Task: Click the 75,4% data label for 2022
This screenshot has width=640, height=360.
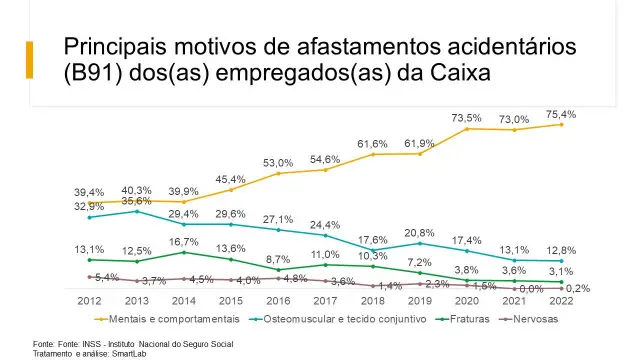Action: pyautogui.click(x=561, y=115)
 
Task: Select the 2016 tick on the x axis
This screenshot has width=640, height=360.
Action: pyautogui.click(x=279, y=300)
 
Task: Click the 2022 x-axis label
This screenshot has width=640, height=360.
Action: pyautogui.click(x=562, y=300)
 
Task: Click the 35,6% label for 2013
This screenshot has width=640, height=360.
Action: pyautogui.click(x=136, y=201)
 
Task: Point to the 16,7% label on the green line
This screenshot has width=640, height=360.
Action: pyautogui.click(x=183, y=242)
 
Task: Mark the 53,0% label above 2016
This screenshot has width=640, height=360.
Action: pyautogui.click(x=279, y=163)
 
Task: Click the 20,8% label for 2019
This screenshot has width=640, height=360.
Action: pyautogui.click(x=420, y=233)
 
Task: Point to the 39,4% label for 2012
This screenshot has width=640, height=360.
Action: pyautogui.click(x=89, y=192)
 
